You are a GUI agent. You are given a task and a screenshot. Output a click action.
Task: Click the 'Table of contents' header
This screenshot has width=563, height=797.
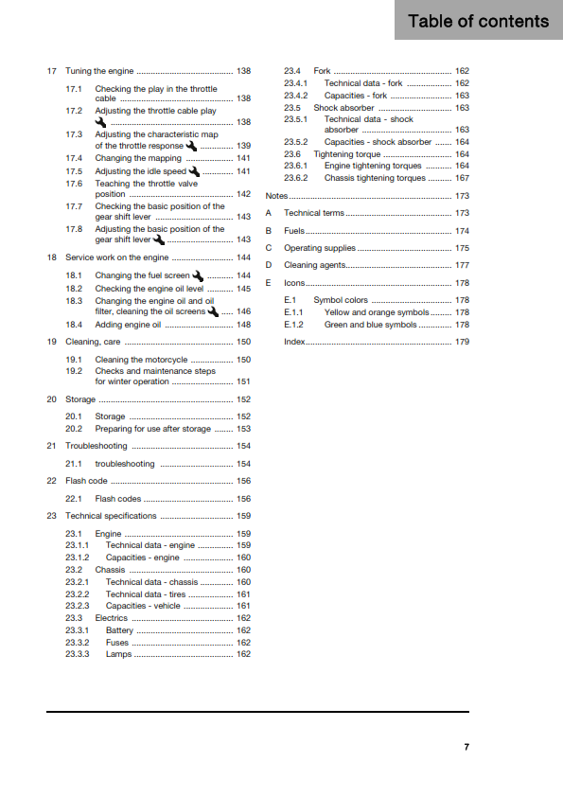(x=478, y=21)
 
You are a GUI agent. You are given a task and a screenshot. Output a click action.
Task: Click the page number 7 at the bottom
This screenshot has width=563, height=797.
(x=466, y=748)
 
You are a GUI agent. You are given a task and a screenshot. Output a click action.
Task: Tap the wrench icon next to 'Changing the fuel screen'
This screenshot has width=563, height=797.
(x=198, y=275)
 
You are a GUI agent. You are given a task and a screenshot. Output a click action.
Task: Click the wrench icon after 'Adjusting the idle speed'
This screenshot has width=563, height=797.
(x=194, y=171)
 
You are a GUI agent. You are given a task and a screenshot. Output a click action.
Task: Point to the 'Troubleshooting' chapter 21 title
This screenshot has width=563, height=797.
(x=96, y=445)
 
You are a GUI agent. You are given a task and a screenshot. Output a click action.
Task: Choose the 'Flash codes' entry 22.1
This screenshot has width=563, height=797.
(x=118, y=498)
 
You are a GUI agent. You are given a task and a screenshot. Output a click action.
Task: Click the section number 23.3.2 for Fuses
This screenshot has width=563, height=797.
(x=78, y=642)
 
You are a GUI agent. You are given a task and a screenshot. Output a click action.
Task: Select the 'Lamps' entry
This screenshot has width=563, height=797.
(x=118, y=653)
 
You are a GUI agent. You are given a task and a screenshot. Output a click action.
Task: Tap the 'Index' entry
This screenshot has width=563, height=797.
(x=294, y=341)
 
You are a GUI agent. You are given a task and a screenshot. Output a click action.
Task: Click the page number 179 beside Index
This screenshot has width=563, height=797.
(x=462, y=341)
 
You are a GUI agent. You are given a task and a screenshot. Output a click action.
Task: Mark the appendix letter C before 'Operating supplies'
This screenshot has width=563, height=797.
(x=269, y=248)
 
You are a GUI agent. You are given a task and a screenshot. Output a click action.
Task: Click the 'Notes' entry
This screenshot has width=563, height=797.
(x=276, y=195)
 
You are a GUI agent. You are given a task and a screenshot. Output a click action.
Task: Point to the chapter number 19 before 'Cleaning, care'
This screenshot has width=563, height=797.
(x=51, y=341)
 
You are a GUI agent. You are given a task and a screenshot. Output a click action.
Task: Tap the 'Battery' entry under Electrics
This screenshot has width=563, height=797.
(x=120, y=629)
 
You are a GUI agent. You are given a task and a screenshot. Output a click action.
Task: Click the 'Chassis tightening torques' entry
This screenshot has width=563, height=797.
(x=374, y=177)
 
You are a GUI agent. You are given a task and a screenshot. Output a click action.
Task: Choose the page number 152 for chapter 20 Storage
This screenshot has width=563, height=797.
(x=243, y=399)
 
